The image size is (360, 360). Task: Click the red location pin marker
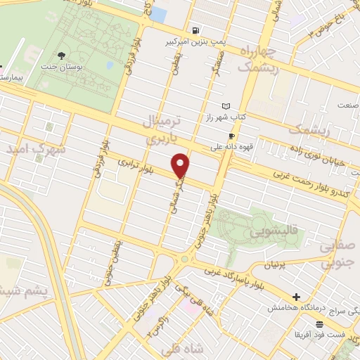(181, 165)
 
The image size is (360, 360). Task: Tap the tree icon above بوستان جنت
(63, 54)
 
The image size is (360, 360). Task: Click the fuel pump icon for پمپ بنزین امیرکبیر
(195, 31)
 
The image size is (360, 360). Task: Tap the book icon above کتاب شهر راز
(225, 105)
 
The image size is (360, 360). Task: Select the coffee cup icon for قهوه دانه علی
(232, 136)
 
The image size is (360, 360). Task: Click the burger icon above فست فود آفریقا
(320, 324)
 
